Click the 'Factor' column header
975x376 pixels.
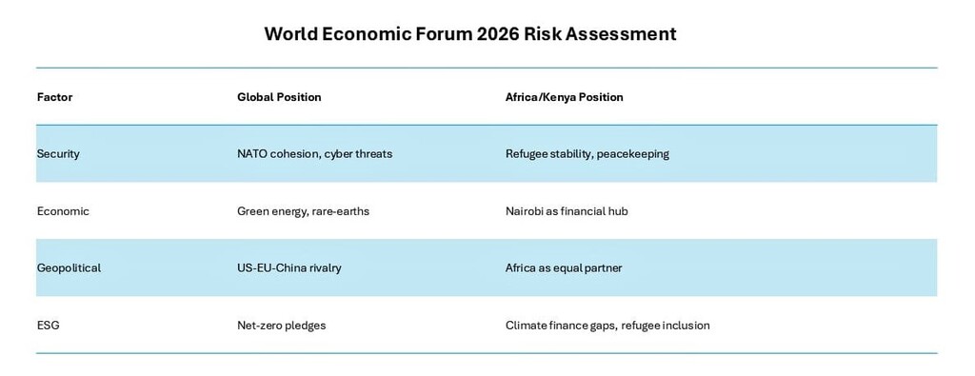click(54, 97)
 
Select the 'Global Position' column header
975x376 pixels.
click(279, 97)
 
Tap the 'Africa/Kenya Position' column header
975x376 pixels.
click(564, 97)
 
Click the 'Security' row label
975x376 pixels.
click(58, 153)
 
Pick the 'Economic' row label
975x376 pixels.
click(63, 211)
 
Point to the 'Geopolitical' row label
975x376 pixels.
click(69, 267)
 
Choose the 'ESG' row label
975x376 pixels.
click(48, 325)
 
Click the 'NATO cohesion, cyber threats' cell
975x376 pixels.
click(314, 153)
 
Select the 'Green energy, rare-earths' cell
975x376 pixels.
click(303, 211)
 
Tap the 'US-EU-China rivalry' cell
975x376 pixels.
click(289, 267)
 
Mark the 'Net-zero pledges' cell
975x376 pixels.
click(281, 325)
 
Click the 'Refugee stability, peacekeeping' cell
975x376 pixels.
click(587, 153)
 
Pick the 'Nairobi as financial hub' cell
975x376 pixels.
click(567, 211)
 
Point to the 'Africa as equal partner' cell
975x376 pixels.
click(564, 267)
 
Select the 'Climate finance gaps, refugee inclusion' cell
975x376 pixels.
click(607, 325)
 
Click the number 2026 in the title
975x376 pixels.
click(497, 33)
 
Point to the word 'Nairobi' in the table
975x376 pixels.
click(525, 211)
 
